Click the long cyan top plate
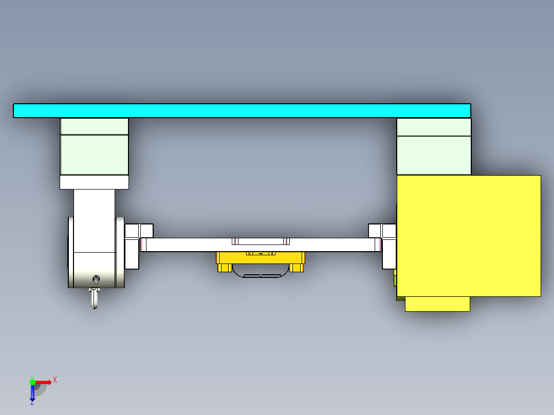coord(242,110)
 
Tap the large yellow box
coord(469,236)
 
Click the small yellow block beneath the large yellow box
coord(437,304)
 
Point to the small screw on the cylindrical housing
coord(96,279)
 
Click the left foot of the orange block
coord(224,267)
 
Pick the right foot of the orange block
coord(297,267)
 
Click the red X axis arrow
coord(43,382)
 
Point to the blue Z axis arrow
coord(32,393)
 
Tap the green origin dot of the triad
coord(32,382)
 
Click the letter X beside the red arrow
coord(55,380)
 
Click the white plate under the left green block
coord(94,182)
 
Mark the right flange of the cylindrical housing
coord(120,252)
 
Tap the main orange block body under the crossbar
coord(261,258)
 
